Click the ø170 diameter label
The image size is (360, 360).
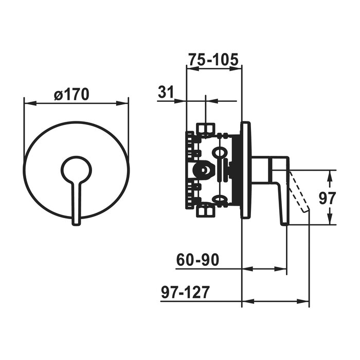tap(71, 94)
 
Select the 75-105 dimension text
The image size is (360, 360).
tap(213, 59)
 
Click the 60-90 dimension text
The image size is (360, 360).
tap(197, 260)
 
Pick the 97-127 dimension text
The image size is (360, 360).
tap(185, 293)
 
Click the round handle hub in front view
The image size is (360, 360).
tap(76, 169)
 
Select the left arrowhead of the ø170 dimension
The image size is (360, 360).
tap(29, 103)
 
